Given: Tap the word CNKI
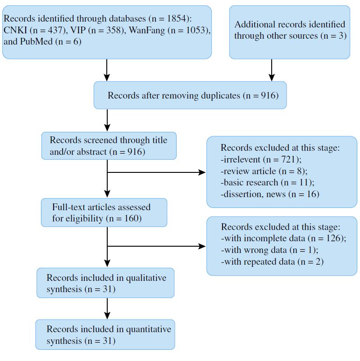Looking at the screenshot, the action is click(x=15, y=30).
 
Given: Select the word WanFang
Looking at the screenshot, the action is click(x=147, y=30).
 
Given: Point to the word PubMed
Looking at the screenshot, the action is click(x=36, y=41).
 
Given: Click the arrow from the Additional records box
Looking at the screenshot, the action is click(x=272, y=70).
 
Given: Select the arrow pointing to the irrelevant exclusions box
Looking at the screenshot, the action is click(x=156, y=172).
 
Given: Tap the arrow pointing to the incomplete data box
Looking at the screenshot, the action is click(x=156, y=246).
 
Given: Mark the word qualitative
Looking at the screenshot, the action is click(x=146, y=278).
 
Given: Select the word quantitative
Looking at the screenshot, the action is click(x=149, y=329).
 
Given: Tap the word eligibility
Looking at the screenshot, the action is click(x=84, y=218).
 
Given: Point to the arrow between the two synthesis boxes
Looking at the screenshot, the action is click(x=107, y=308).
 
